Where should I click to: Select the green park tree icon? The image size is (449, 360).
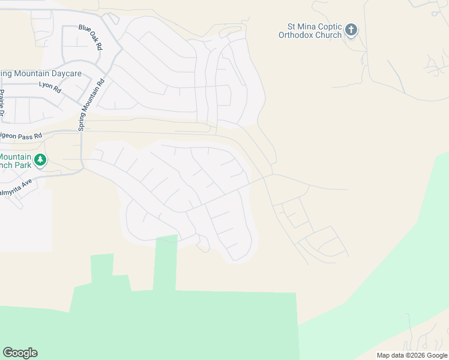pos(40,160)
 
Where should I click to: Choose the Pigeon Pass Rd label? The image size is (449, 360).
pos(21,136)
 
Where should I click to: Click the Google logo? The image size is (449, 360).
pos(20,353)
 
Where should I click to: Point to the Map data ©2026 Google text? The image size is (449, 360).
pos(411,355)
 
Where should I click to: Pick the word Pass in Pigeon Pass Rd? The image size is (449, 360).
pos(25,136)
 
